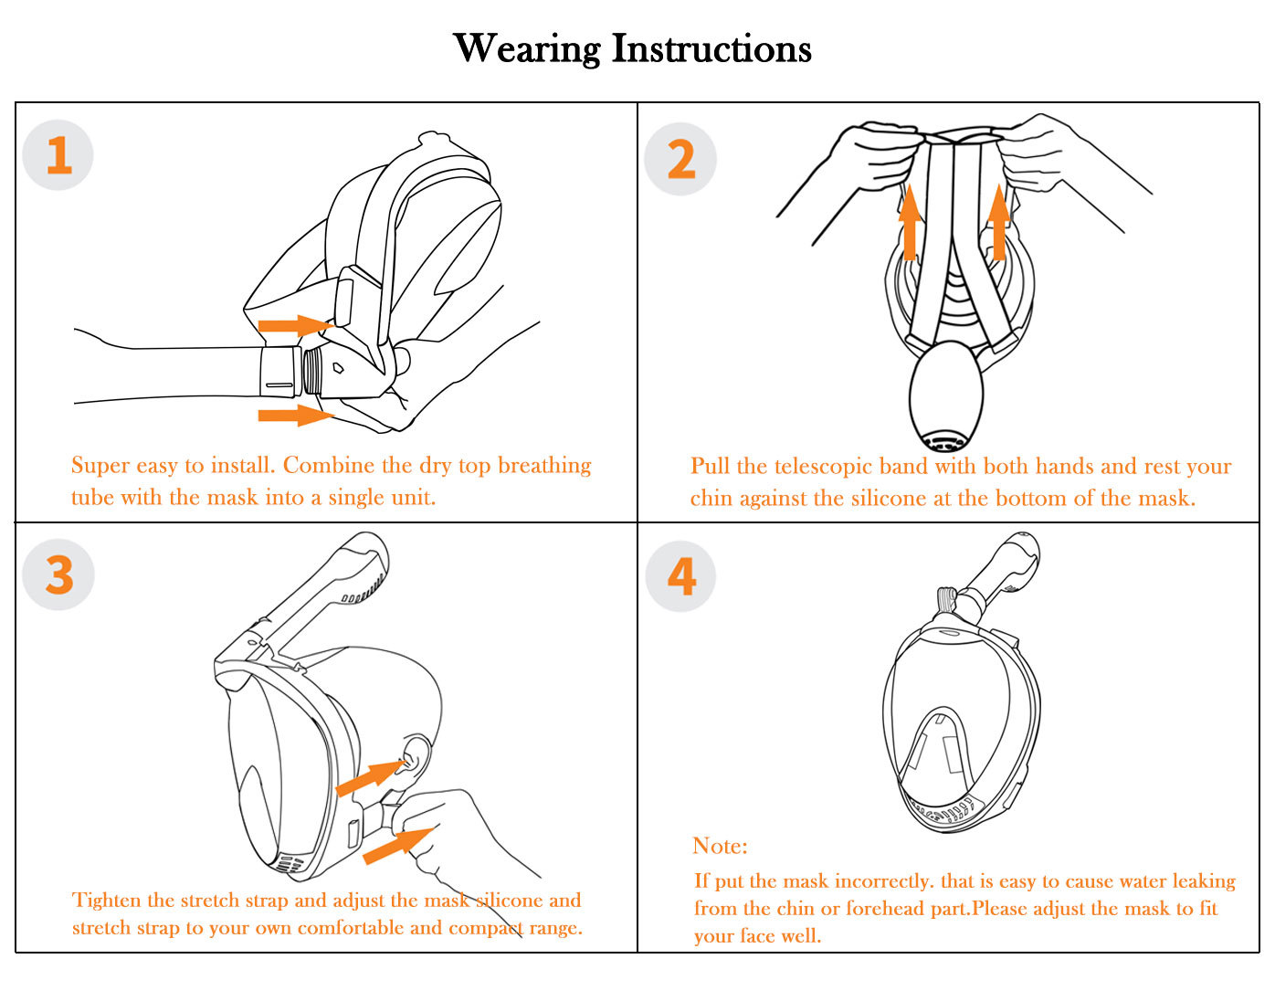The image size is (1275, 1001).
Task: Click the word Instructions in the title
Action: pyautogui.click(x=711, y=48)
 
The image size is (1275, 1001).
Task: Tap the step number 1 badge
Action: pyautogui.click(x=58, y=155)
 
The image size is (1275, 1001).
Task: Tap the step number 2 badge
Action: pyautogui.click(x=680, y=159)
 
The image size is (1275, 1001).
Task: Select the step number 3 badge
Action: pyautogui.click(x=58, y=575)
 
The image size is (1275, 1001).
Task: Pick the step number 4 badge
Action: pyautogui.click(x=681, y=575)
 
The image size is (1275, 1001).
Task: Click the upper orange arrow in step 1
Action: pyautogui.click(x=294, y=325)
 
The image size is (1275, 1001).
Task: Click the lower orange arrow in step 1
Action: pyautogui.click(x=294, y=416)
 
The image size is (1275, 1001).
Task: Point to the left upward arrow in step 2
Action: pyautogui.click(x=909, y=222)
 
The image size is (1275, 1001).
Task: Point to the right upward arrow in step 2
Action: pyautogui.click(x=999, y=222)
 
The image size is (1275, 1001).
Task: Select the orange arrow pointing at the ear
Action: pyautogui.click(x=369, y=778)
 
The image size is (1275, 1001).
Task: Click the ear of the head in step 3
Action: pyautogui.click(x=414, y=756)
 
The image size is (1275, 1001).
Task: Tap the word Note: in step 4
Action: pyautogui.click(x=720, y=846)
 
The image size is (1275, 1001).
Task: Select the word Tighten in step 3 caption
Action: pyautogui.click(x=106, y=901)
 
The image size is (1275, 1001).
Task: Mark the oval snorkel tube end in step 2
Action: pyautogui.click(x=946, y=395)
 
